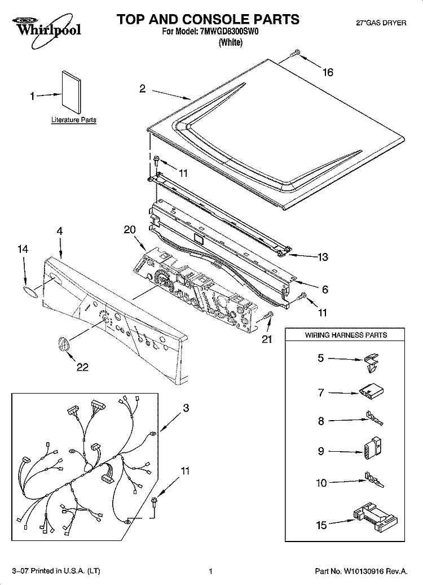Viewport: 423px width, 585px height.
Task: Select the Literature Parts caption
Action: tap(73, 120)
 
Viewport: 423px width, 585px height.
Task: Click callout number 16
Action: tap(328, 72)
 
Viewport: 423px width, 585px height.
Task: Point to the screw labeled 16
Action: tap(295, 54)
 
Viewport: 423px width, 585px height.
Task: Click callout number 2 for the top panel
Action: tap(143, 88)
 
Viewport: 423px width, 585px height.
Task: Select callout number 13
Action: tap(323, 257)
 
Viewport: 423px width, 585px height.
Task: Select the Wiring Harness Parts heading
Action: tap(346, 335)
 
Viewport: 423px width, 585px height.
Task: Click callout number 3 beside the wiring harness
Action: tap(186, 408)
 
